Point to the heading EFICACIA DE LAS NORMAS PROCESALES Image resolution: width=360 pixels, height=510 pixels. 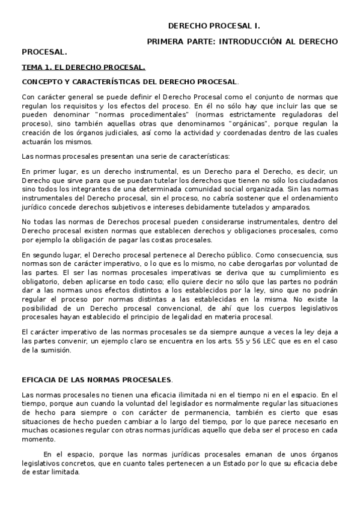(x=97, y=379)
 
